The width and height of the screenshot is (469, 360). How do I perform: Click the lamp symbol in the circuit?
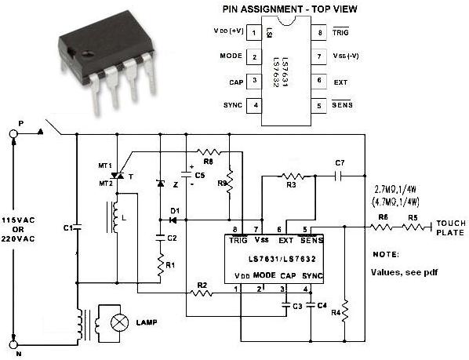(118, 322)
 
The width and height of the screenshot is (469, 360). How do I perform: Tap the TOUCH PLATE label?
(450, 227)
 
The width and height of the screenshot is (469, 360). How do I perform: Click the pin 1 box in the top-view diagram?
(255, 33)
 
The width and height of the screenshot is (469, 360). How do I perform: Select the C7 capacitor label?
(340, 162)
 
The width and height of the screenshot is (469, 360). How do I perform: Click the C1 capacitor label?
(67, 227)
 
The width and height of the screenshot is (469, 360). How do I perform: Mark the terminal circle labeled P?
(13, 134)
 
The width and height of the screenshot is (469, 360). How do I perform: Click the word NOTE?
(385, 255)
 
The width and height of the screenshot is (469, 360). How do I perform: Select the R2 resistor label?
(202, 285)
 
